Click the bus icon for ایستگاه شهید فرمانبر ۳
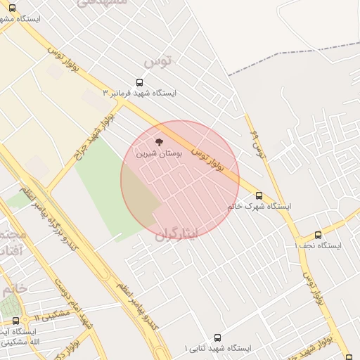(139, 82)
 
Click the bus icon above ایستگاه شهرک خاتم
(259, 195)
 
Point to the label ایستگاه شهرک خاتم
(259, 207)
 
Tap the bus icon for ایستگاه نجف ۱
(318, 235)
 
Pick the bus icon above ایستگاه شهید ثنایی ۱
(217, 337)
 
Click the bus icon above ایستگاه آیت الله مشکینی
(15, 321)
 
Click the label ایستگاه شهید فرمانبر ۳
(140, 93)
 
